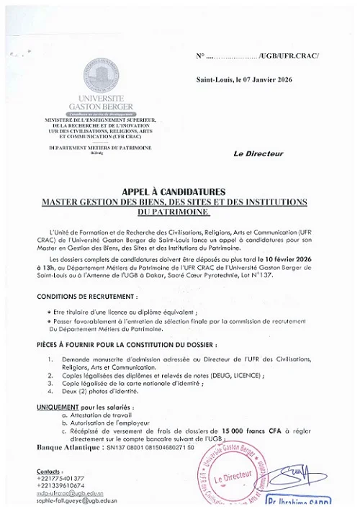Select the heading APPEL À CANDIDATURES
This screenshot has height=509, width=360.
pos(174,192)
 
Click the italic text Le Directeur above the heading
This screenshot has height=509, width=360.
pos(258,153)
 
